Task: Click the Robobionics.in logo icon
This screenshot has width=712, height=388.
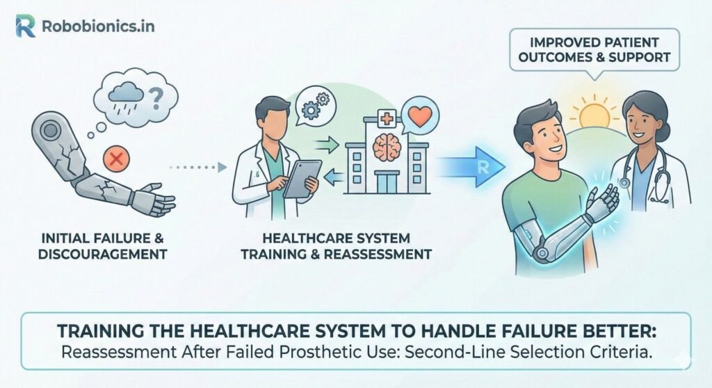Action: (x=25, y=26)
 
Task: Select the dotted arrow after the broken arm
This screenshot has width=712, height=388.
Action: (x=198, y=167)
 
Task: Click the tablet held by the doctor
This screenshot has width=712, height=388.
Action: (x=300, y=178)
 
